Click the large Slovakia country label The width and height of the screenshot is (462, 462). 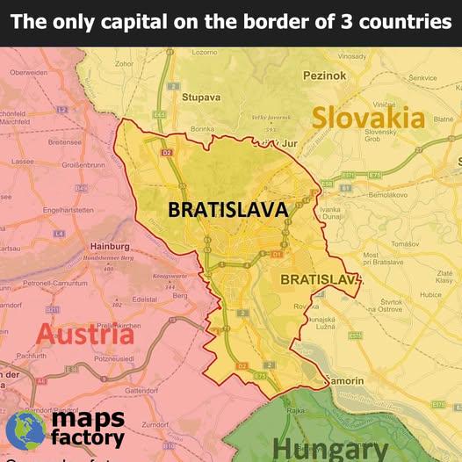[369, 118]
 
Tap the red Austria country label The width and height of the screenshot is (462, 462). [85, 335]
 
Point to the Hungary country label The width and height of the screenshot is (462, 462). [330, 449]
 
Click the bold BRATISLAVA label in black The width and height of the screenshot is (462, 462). [227, 211]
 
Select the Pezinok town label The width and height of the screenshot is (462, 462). [324, 76]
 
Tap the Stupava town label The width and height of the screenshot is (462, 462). [200, 97]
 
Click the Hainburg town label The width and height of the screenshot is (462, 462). [111, 247]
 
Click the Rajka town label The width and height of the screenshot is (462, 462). [296, 410]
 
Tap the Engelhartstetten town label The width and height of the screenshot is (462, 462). [69, 210]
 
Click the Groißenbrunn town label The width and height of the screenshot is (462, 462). [84, 163]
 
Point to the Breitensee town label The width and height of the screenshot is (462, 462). [65, 141]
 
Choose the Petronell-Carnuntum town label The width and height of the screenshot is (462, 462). [56, 283]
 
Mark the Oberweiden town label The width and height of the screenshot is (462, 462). [29, 72]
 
